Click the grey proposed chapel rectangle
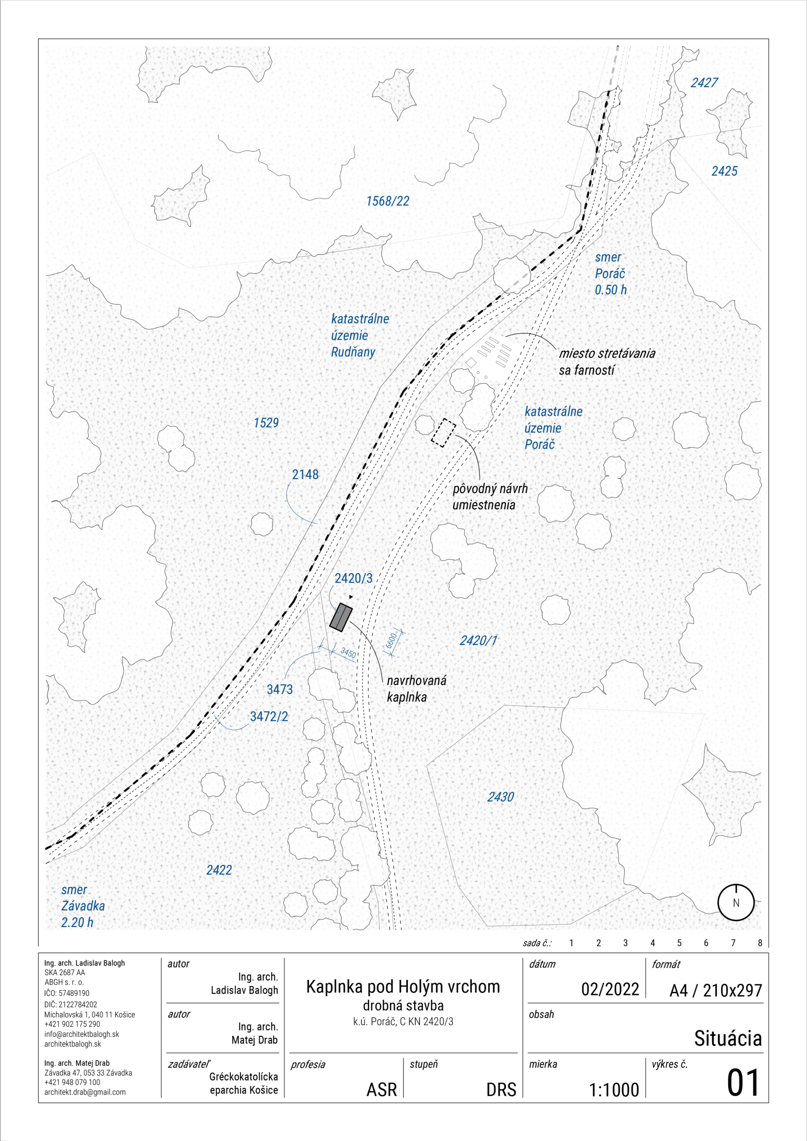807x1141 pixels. [341, 617]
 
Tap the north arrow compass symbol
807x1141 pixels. [736, 902]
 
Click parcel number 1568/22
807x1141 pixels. [388, 201]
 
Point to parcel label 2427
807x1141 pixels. [704, 82]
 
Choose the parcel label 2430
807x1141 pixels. [500, 797]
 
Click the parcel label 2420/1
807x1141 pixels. [478, 641]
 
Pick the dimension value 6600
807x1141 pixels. [392, 641]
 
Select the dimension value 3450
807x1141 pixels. [348, 652]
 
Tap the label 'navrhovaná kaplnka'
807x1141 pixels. [416, 688]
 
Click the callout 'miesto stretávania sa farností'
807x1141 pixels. [607, 361]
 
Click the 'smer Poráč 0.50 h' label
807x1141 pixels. [611, 273]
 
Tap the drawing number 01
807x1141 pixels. [743, 1083]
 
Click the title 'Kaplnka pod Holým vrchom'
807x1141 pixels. [403, 986]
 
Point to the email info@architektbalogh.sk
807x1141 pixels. [81, 1034]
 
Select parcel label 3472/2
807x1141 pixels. [269, 716]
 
